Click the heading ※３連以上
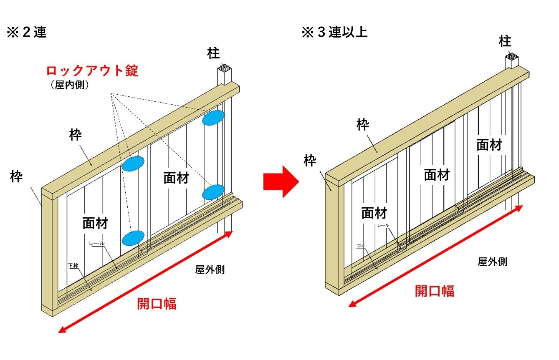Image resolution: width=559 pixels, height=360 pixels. [334, 33]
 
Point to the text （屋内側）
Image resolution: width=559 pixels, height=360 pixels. [70, 85]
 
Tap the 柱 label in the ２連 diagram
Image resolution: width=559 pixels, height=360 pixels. [213, 53]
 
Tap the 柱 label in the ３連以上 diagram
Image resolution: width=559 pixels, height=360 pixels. [505, 41]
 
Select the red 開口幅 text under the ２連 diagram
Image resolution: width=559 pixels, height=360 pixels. [157, 303]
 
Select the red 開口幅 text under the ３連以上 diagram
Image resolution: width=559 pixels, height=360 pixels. [435, 291]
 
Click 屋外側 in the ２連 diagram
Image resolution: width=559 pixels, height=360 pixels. [210, 269]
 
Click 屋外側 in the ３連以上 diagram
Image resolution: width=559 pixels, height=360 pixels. [493, 262]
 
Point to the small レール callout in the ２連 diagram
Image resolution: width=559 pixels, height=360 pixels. [96, 243]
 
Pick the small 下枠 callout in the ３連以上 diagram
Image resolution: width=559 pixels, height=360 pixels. [361, 247]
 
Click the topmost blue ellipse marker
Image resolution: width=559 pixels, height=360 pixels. [213, 118]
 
